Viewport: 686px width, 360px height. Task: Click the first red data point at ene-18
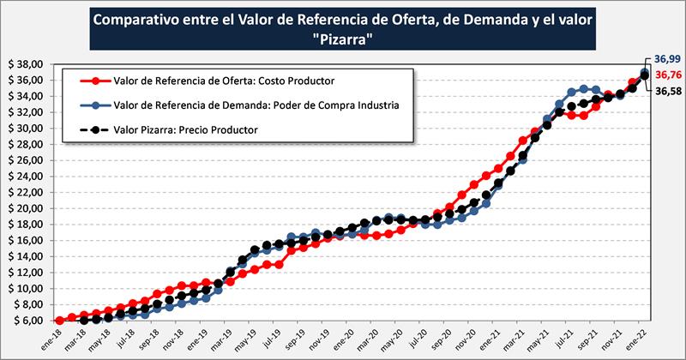[58, 321]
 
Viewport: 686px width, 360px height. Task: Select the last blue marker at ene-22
[645, 73]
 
